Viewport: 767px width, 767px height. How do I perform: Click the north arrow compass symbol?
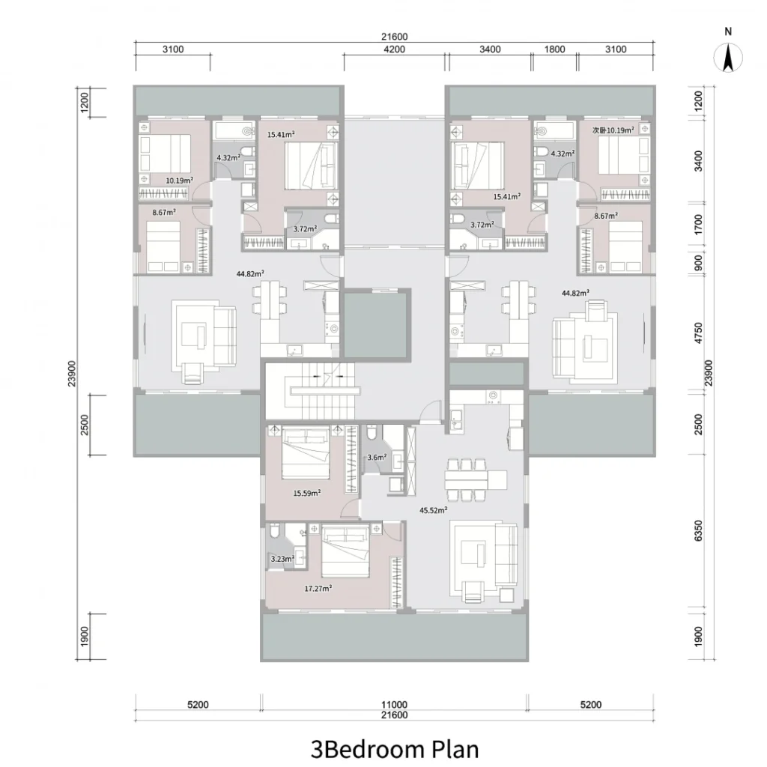[728, 57]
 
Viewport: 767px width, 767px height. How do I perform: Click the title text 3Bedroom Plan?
[395, 749]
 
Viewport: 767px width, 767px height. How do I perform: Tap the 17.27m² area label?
[318, 588]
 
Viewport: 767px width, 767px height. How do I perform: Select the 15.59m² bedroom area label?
[306, 493]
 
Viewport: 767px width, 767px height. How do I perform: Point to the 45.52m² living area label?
[434, 510]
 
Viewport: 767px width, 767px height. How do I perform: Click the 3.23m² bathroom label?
[282, 559]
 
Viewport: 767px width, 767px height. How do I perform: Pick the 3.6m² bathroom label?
[377, 458]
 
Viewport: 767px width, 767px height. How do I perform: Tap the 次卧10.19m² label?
[613, 130]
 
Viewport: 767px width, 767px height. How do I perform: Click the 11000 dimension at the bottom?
[394, 704]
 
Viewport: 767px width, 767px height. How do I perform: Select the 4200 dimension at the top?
[394, 49]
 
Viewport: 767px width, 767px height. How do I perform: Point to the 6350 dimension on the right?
[698, 531]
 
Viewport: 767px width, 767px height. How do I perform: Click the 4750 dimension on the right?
[698, 333]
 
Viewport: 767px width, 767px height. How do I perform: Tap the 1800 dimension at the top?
[555, 49]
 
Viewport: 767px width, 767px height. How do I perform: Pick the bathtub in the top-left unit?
[234, 131]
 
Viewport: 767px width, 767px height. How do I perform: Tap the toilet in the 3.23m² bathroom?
[276, 531]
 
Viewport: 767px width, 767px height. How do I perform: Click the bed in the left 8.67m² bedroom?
[164, 246]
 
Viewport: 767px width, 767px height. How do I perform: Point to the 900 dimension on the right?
[698, 263]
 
